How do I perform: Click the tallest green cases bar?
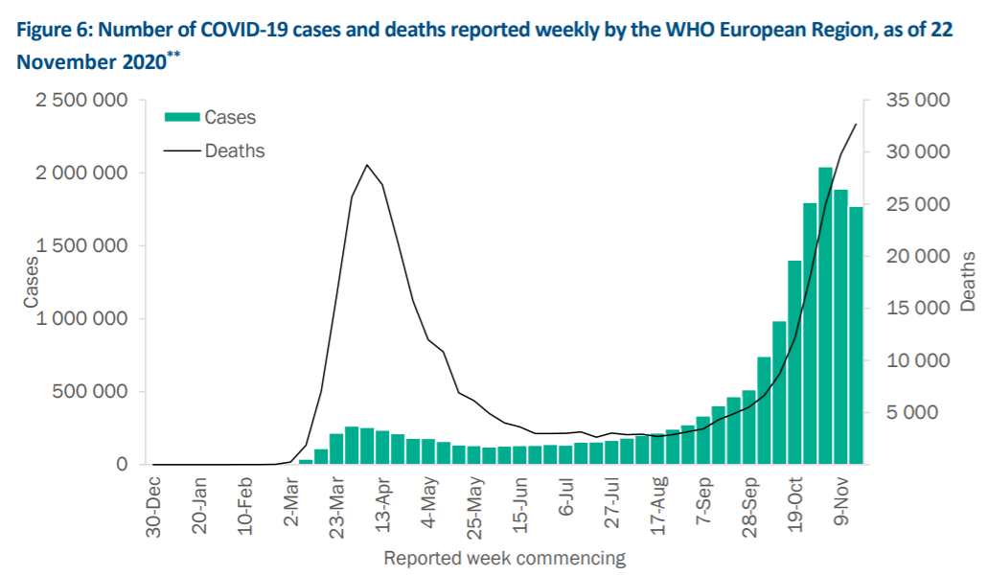pos(825,316)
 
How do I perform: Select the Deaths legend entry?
pos(234,150)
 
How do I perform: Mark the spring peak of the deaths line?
pos(367,165)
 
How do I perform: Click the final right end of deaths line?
pos(856,125)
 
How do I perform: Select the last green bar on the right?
pos(856,335)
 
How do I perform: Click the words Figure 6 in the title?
pos(52,30)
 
